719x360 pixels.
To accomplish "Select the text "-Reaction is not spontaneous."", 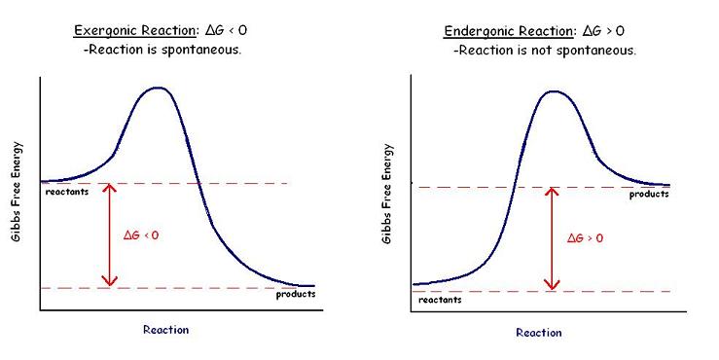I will pos(544,50).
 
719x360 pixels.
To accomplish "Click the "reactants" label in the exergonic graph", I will pos(67,192).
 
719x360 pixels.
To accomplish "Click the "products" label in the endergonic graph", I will pos(648,194).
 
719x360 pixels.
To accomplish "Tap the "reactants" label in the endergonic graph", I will pos(440,300).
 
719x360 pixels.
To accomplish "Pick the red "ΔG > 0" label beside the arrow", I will pos(585,236).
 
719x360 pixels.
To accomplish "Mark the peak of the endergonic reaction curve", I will pos(553,91).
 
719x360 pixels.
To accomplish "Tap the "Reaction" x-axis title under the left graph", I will pos(165,330).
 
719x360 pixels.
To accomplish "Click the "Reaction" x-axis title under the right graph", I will pos(538,333).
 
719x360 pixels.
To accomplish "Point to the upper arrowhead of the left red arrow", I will pos(110,187).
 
